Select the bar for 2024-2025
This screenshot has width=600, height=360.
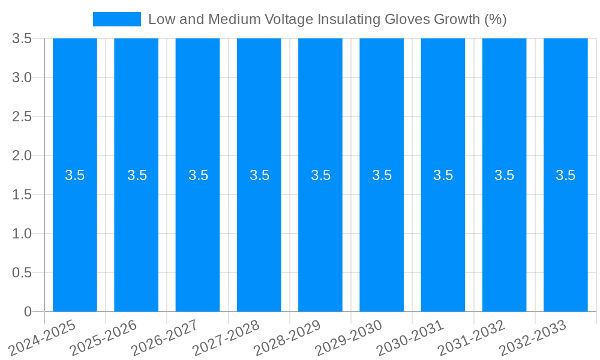tap(75, 240)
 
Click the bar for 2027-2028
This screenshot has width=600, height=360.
tap(259, 240)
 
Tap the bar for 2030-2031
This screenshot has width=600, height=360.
tap(443, 240)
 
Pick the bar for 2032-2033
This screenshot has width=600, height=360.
tap(565, 240)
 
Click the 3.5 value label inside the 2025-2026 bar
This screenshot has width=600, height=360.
tap(137, 175)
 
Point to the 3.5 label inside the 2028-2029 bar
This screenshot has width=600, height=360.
tap(320, 175)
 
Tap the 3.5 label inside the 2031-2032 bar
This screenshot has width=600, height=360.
tap(504, 175)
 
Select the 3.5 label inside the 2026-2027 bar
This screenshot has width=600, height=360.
tap(198, 175)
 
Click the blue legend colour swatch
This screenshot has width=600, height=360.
tap(117, 19)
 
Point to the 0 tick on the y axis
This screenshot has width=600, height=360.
tap(28, 311)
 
